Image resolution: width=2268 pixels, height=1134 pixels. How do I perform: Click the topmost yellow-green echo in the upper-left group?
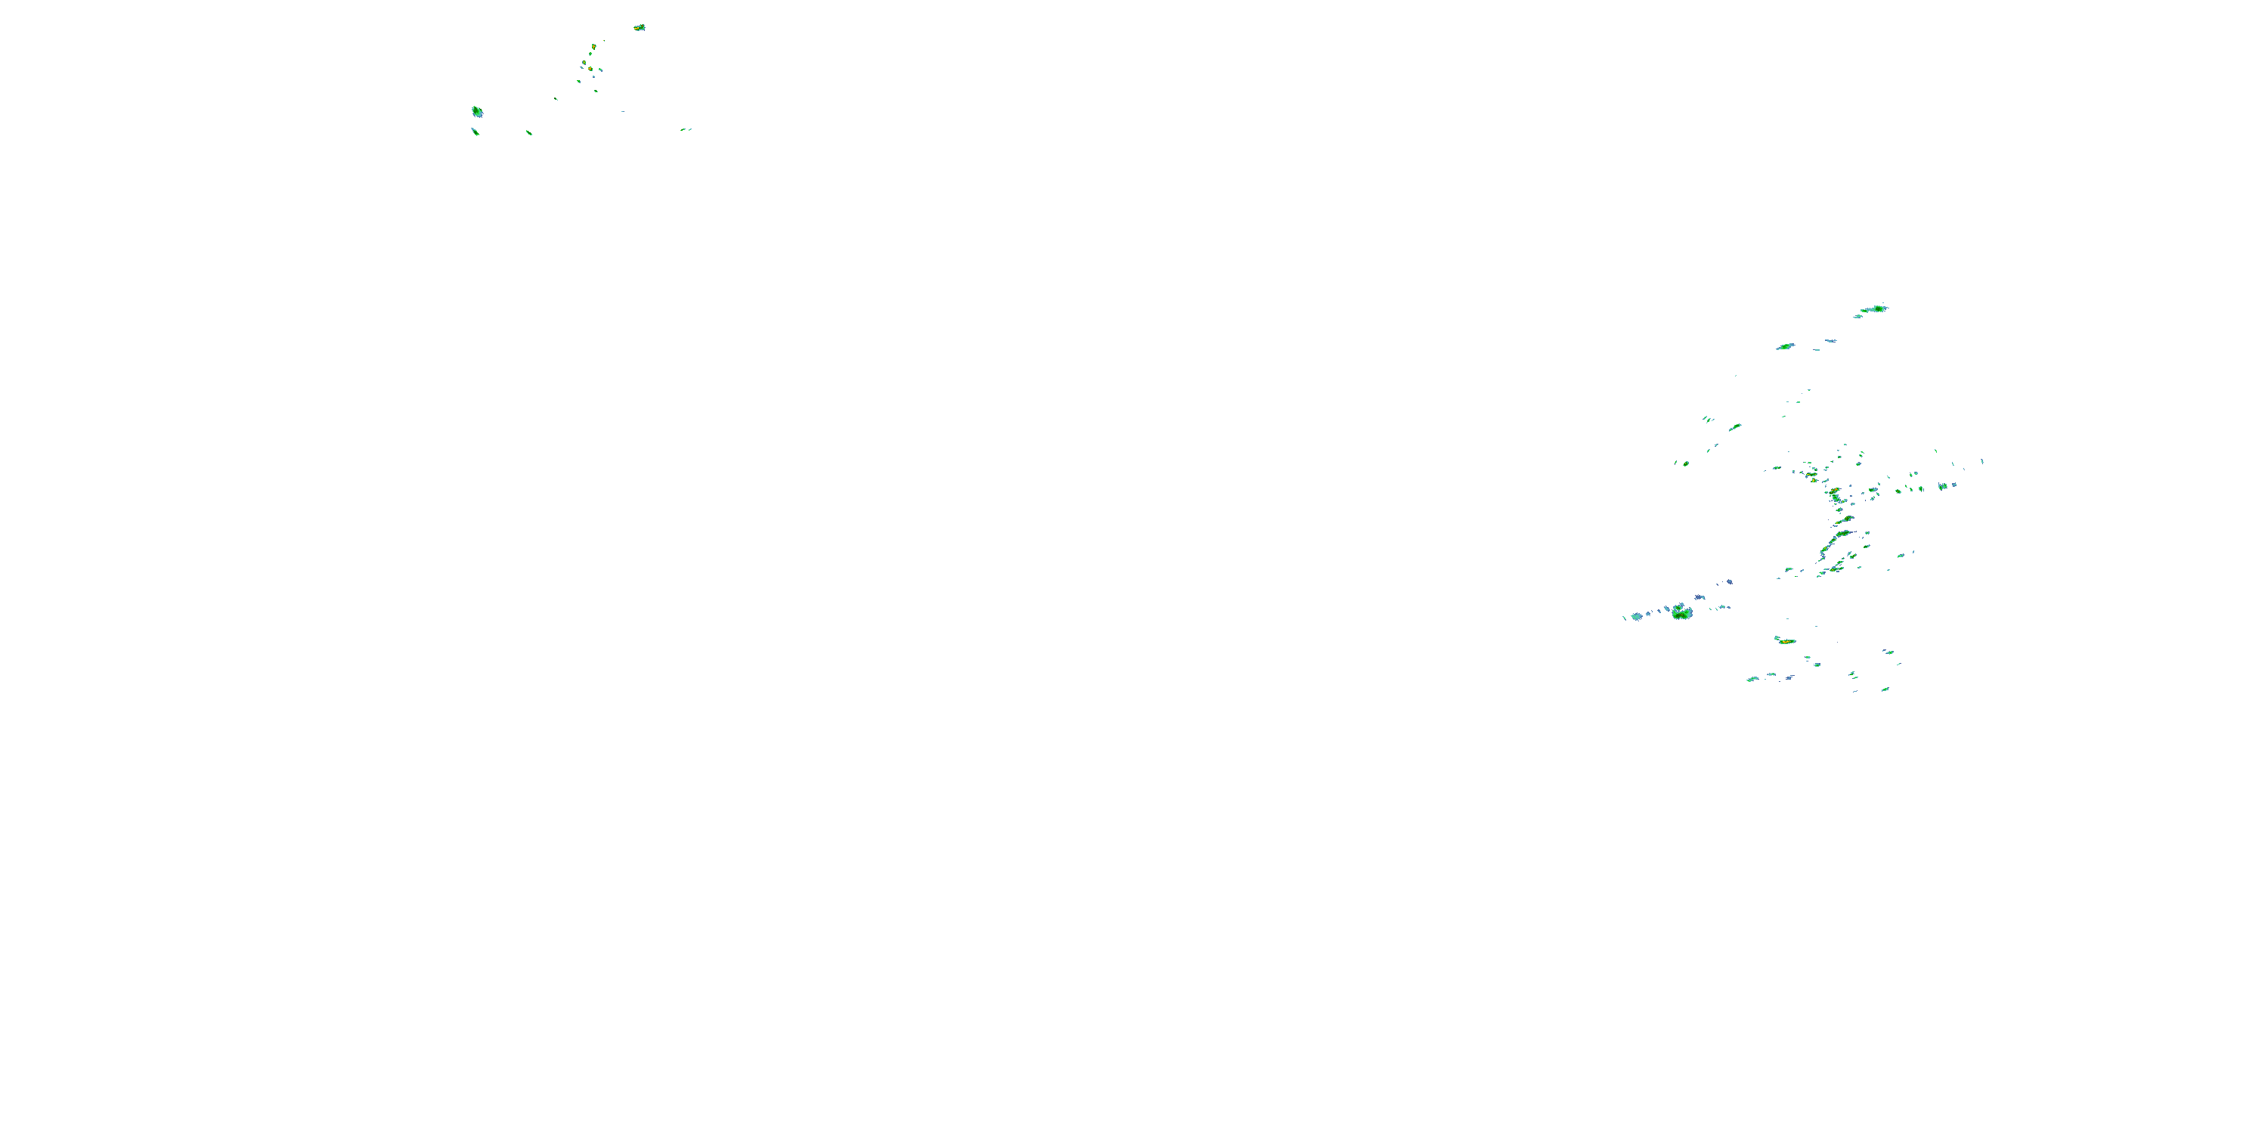click(x=639, y=27)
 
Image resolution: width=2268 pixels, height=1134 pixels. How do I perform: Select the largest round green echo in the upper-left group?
click(x=477, y=112)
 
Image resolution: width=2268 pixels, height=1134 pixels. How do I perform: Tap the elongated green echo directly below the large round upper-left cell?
click(x=476, y=132)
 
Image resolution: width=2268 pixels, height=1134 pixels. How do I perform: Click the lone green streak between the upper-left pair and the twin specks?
click(x=529, y=133)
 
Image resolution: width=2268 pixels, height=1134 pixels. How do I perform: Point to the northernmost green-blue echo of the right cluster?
click(x=1873, y=309)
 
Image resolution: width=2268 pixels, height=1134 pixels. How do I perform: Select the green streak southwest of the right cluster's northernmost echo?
click(x=1785, y=347)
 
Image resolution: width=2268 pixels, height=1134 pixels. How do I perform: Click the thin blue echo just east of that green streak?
click(x=1830, y=341)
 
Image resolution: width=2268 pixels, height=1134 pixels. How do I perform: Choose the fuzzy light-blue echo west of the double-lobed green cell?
click(x=1637, y=616)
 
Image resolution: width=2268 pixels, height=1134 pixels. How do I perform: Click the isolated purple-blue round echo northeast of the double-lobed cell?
click(x=1729, y=582)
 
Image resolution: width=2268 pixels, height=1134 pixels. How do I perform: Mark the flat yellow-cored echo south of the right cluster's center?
click(x=1786, y=641)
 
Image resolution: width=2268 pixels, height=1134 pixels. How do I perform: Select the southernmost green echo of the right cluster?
click(x=1885, y=689)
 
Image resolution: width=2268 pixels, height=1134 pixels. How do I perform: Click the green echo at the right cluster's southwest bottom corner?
click(x=1752, y=679)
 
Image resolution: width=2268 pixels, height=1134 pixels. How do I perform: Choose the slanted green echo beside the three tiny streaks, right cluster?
click(x=1735, y=427)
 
